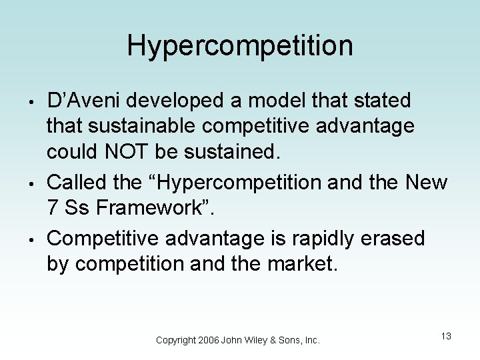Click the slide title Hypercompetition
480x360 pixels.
pyautogui.click(x=239, y=46)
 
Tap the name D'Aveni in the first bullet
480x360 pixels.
pyautogui.click(x=83, y=101)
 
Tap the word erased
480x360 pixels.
pyautogui.click(x=397, y=238)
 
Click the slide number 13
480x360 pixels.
pyautogui.click(x=446, y=336)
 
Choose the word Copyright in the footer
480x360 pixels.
pyautogui.click(x=175, y=340)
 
